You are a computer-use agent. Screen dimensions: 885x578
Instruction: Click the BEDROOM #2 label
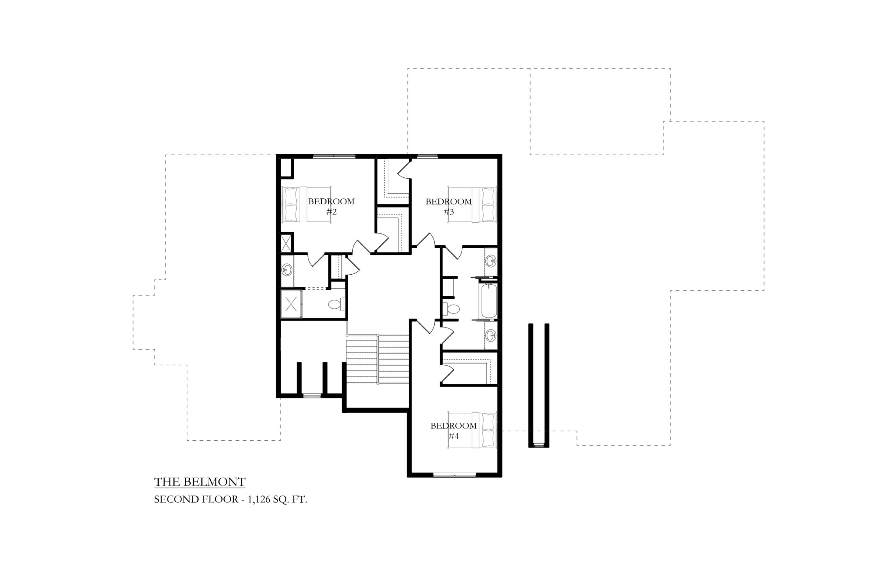click(331, 207)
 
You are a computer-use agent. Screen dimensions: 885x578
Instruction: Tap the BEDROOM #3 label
click(449, 207)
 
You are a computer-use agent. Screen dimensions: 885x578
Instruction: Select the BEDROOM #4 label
click(454, 431)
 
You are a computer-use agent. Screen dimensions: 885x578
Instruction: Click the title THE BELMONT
click(200, 482)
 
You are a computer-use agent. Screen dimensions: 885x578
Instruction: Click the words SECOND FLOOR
click(196, 499)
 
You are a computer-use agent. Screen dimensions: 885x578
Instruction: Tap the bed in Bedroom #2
click(306, 205)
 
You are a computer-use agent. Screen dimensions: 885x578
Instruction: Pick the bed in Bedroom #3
click(473, 205)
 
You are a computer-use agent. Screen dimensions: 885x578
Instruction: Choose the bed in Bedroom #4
click(473, 430)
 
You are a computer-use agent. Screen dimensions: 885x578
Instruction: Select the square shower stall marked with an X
click(291, 304)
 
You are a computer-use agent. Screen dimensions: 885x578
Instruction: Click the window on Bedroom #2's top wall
click(334, 156)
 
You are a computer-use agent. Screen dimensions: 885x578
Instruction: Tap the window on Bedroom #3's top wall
click(427, 156)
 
